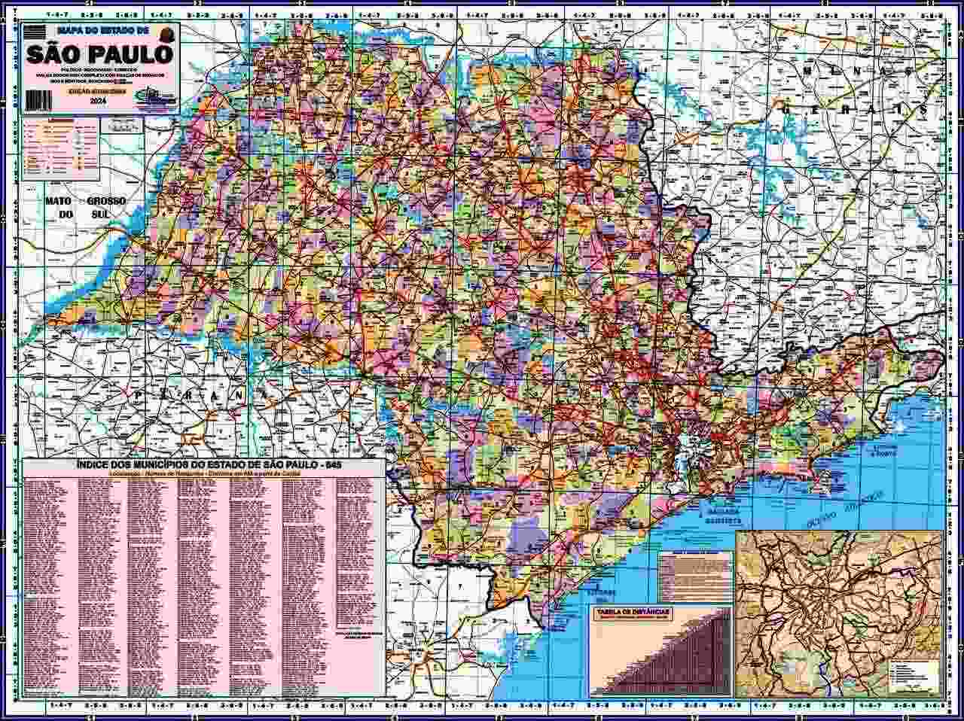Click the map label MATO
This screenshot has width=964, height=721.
click(58, 202)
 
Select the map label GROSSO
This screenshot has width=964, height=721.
click(105, 202)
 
